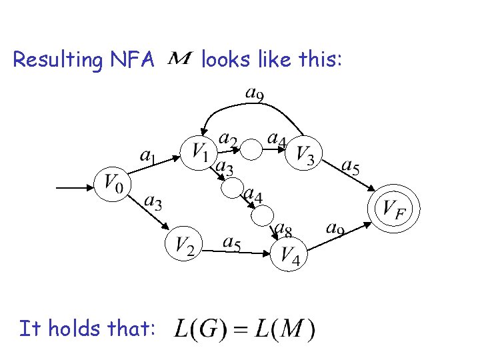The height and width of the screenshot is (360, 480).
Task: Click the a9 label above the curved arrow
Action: click(x=254, y=94)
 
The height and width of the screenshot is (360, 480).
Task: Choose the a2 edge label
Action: click(x=228, y=139)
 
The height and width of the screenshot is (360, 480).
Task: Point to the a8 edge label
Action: click(x=283, y=231)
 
